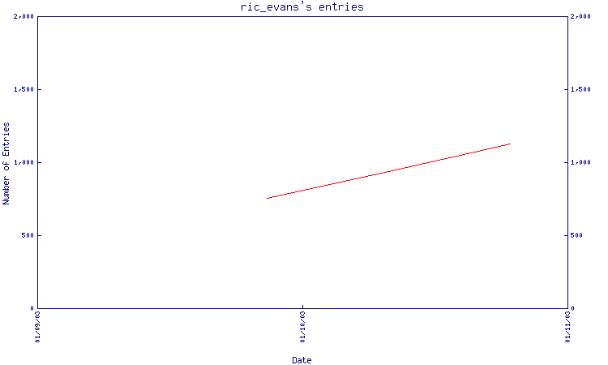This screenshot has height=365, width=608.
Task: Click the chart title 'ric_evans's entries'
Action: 302,7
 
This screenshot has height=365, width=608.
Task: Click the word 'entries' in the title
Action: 341,7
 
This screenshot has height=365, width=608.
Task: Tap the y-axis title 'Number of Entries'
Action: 6,163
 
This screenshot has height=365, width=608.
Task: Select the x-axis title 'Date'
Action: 302,360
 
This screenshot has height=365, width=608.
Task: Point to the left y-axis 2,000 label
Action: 24,16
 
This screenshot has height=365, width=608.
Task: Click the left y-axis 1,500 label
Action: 24,89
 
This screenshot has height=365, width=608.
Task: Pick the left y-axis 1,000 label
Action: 24,162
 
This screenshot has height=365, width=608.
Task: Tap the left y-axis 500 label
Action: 28,235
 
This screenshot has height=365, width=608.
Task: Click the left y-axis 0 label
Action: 32,308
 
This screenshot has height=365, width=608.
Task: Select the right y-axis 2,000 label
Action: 580,16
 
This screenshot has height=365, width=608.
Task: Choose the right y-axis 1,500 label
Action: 580,89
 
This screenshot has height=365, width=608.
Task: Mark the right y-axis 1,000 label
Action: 580,162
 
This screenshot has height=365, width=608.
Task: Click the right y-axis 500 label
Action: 576,235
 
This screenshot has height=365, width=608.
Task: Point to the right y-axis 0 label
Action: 572,308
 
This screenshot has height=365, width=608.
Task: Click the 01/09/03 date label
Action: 37,327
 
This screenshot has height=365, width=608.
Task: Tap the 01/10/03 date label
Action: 303,327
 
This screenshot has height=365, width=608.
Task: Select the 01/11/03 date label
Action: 567,327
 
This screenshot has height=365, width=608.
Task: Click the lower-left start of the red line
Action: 267,199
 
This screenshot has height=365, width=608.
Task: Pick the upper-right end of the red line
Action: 511,144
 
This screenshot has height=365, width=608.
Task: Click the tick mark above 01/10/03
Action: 303,307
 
